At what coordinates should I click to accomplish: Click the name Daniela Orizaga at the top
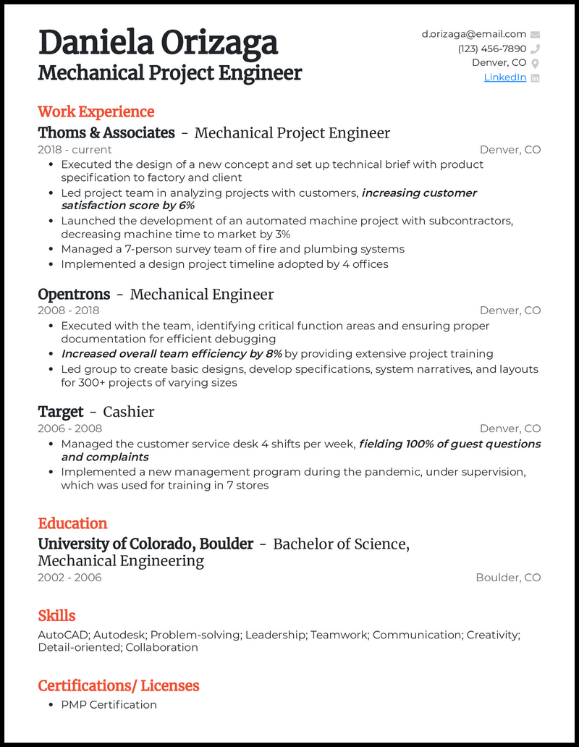coord(158,43)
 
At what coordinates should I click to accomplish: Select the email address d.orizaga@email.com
coord(474,34)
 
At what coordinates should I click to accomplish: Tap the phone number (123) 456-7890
coord(492,48)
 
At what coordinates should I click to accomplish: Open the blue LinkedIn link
coord(504,77)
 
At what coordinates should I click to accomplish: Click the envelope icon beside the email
coord(536,34)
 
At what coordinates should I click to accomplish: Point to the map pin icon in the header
coord(536,63)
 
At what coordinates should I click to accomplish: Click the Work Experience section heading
coord(96,111)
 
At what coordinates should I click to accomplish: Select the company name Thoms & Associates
coord(106,132)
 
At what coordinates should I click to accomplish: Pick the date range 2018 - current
coord(75,150)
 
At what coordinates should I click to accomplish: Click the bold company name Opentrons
coord(74,294)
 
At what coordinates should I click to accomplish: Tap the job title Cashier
coord(129,412)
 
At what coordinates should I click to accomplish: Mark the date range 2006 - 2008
coord(69,429)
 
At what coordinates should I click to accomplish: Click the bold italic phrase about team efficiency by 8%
coord(172,354)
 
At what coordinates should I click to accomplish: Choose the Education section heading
coord(72,523)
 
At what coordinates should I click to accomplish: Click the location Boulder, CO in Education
coord(508,578)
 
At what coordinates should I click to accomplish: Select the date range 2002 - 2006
coord(69,578)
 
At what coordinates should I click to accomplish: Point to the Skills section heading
coord(56,615)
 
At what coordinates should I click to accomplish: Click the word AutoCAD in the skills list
coord(62,635)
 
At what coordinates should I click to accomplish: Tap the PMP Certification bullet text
coord(109,704)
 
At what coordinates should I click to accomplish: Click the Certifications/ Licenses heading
coord(119,685)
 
